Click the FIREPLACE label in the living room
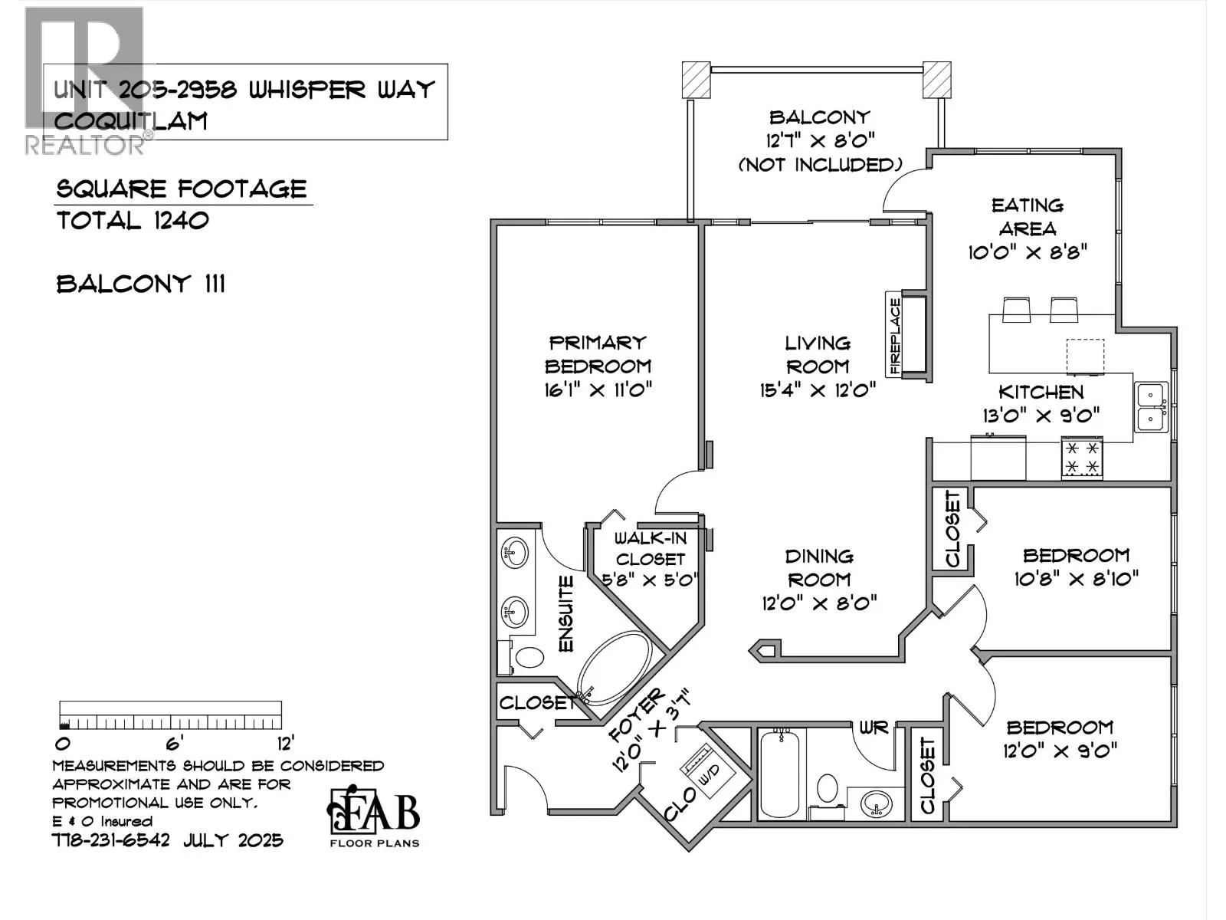pyautogui.click(x=895, y=336)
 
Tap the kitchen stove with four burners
pyautogui.click(x=1082, y=458)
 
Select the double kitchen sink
pyautogui.click(x=1151, y=407)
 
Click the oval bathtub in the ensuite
pyautogui.click(x=614, y=668)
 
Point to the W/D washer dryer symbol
pyautogui.click(x=707, y=773)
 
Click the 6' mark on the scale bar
pyautogui.click(x=175, y=744)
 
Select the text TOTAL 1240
pyautogui.click(x=133, y=222)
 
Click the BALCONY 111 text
pyautogui.click(x=140, y=285)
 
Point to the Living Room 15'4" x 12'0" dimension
pyautogui.click(x=818, y=390)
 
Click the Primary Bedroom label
pyautogui.click(x=598, y=354)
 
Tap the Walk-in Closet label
pyautogui.click(x=651, y=548)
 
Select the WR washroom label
pyautogui.click(x=874, y=728)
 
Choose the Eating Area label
pyautogui.click(x=1028, y=217)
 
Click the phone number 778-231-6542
pyautogui.click(x=110, y=841)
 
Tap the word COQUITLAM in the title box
pyautogui.click(x=131, y=121)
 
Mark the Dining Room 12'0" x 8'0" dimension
pyautogui.click(x=819, y=603)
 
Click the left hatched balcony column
pyautogui.click(x=697, y=80)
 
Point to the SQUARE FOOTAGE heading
pyautogui.click(x=182, y=189)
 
